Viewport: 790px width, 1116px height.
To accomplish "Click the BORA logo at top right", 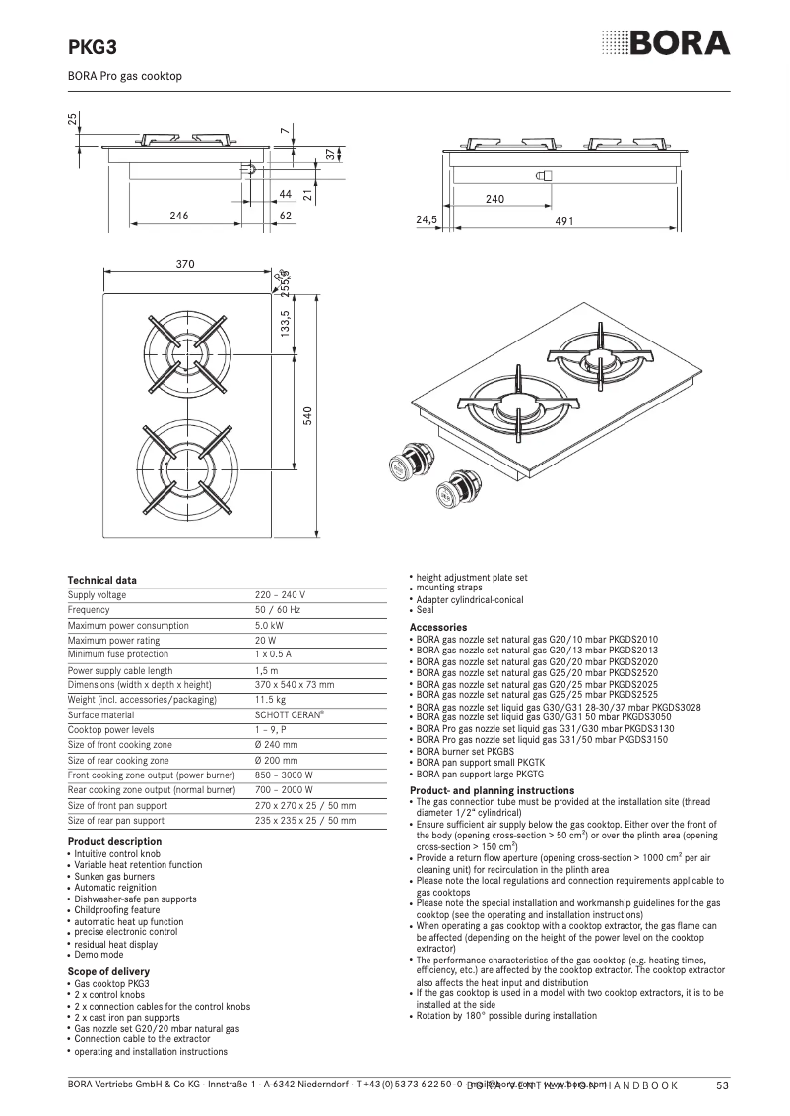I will (x=666, y=43).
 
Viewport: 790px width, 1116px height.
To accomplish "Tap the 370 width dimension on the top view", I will (x=185, y=264).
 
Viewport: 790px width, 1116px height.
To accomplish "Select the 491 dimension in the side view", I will (x=564, y=221).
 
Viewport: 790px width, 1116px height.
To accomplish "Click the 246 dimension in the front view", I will (x=178, y=215).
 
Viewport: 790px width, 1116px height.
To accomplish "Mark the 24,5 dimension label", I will (x=426, y=221).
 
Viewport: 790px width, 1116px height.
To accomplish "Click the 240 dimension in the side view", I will (x=494, y=199).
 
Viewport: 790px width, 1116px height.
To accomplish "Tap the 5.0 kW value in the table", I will (x=270, y=625).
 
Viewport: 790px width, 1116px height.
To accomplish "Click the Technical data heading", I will (x=101, y=580).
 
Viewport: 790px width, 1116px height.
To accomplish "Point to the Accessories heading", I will (x=438, y=627).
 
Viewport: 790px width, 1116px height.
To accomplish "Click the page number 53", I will (x=721, y=1085).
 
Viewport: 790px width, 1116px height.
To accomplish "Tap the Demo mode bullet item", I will (x=99, y=954).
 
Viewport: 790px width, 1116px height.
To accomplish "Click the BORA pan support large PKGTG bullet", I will (x=487, y=775).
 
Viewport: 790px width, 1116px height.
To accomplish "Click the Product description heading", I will (x=114, y=841).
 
